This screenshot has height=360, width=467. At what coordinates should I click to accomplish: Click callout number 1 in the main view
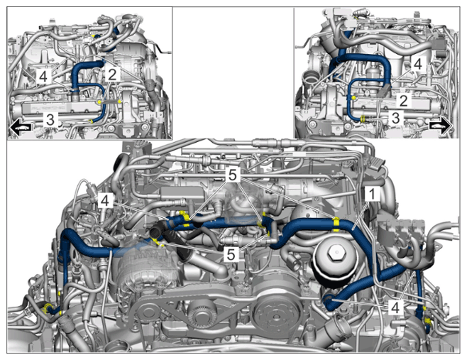[372, 194]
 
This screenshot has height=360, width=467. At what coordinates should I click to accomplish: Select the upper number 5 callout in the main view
[233, 175]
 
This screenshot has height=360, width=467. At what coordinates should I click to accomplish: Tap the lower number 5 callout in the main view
[231, 254]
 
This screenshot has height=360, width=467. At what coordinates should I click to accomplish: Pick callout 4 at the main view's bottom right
[395, 307]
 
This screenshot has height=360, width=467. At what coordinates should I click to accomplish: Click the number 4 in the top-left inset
[43, 77]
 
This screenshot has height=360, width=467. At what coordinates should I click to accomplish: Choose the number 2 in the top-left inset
[112, 75]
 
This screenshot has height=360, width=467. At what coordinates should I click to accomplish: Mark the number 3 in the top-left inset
[50, 120]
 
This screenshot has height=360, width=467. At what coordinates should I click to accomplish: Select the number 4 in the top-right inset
[418, 64]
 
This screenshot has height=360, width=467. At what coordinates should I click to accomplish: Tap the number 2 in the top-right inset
[403, 101]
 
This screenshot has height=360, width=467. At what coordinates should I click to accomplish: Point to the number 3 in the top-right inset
[395, 118]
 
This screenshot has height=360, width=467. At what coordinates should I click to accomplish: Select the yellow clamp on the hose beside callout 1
[336, 224]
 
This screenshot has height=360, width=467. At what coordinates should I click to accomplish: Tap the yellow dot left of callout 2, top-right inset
[353, 97]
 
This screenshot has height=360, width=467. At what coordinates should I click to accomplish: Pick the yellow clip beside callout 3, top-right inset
[363, 119]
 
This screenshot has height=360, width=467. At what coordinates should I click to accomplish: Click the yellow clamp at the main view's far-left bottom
[47, 308]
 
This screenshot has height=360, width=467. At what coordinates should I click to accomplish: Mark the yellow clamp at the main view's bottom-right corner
[428, 321]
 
